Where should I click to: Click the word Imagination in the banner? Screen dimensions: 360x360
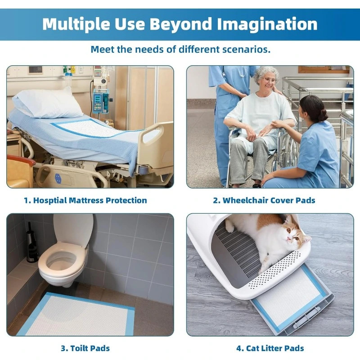tap(267, 24)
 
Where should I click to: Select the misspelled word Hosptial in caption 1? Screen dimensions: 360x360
tap(50, 200)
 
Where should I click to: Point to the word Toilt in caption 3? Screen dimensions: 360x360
tap(79, 348)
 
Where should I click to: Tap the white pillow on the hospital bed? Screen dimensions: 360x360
tap(47, 103)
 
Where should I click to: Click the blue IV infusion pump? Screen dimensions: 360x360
tap(100, 102)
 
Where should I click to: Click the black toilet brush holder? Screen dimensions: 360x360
tap(32, 243)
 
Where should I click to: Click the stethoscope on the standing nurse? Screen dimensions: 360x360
tap(243, 72)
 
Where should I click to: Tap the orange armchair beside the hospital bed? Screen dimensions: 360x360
tap(19, 171)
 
